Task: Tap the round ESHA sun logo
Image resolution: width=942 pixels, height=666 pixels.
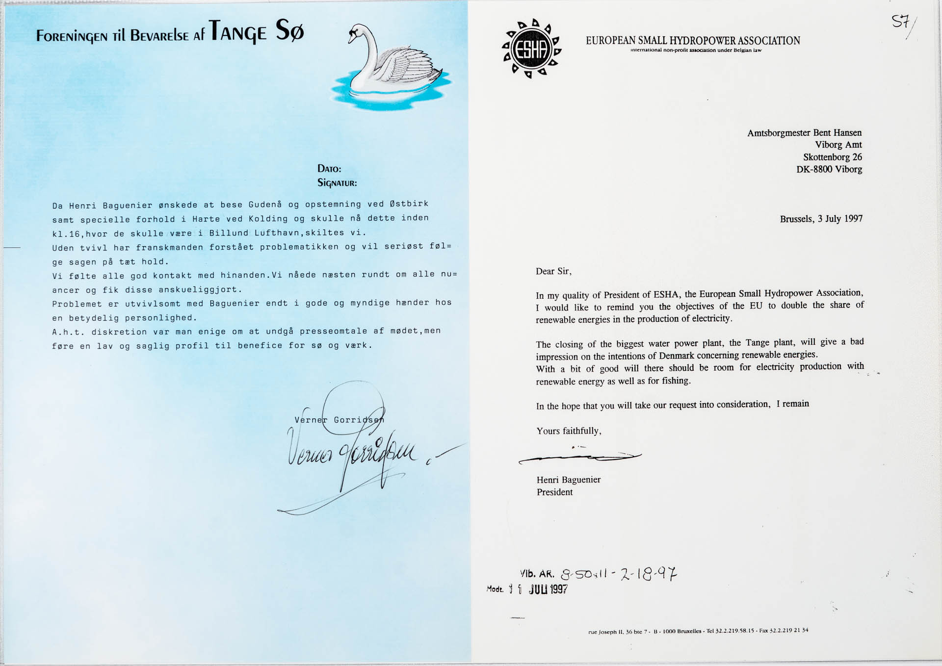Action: (531, 49)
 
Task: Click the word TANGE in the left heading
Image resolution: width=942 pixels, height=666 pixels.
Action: (238, 32)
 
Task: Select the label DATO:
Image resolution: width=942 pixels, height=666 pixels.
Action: (329, 169)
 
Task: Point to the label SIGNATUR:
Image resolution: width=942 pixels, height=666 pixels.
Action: (337, 183)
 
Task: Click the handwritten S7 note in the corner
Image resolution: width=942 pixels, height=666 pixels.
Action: (901, 22)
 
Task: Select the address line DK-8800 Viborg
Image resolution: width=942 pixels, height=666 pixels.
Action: (829, 169)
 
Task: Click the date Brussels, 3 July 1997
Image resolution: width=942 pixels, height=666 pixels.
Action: (821, 219)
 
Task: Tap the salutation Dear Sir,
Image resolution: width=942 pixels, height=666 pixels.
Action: (553, 271)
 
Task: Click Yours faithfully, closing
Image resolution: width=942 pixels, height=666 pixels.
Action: (569, 431)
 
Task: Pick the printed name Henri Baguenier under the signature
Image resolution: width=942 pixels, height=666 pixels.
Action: (568, 480)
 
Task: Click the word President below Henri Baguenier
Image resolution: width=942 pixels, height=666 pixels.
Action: (554, 492)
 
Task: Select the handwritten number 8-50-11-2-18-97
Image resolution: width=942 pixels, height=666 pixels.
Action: (619, 573)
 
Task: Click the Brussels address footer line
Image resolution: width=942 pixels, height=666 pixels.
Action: (698, 631)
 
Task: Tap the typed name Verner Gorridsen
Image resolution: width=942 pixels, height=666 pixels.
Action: (339, 420)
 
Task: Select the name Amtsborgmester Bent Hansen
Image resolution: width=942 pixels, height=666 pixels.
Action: (804, 133)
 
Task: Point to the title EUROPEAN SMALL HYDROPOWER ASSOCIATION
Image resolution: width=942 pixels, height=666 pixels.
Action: (693, 41)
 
